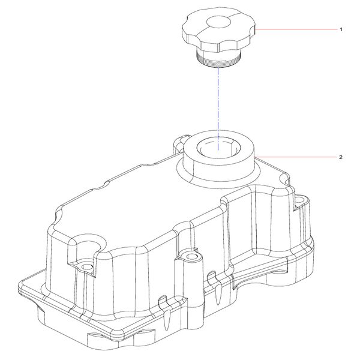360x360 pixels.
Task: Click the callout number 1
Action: pyautogui.click(x=341, y=29)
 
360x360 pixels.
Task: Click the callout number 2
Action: pyautogui.click(x=341, y=157)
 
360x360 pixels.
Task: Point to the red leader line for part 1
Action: pyautogui.click(x=296, y=29)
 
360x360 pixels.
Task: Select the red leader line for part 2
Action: pyautogui.click(x=296, y=157)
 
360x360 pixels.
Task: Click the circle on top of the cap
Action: pyautogui.click(x=218, y=22)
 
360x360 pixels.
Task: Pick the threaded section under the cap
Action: pyautogui.click(x=218, y=60)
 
